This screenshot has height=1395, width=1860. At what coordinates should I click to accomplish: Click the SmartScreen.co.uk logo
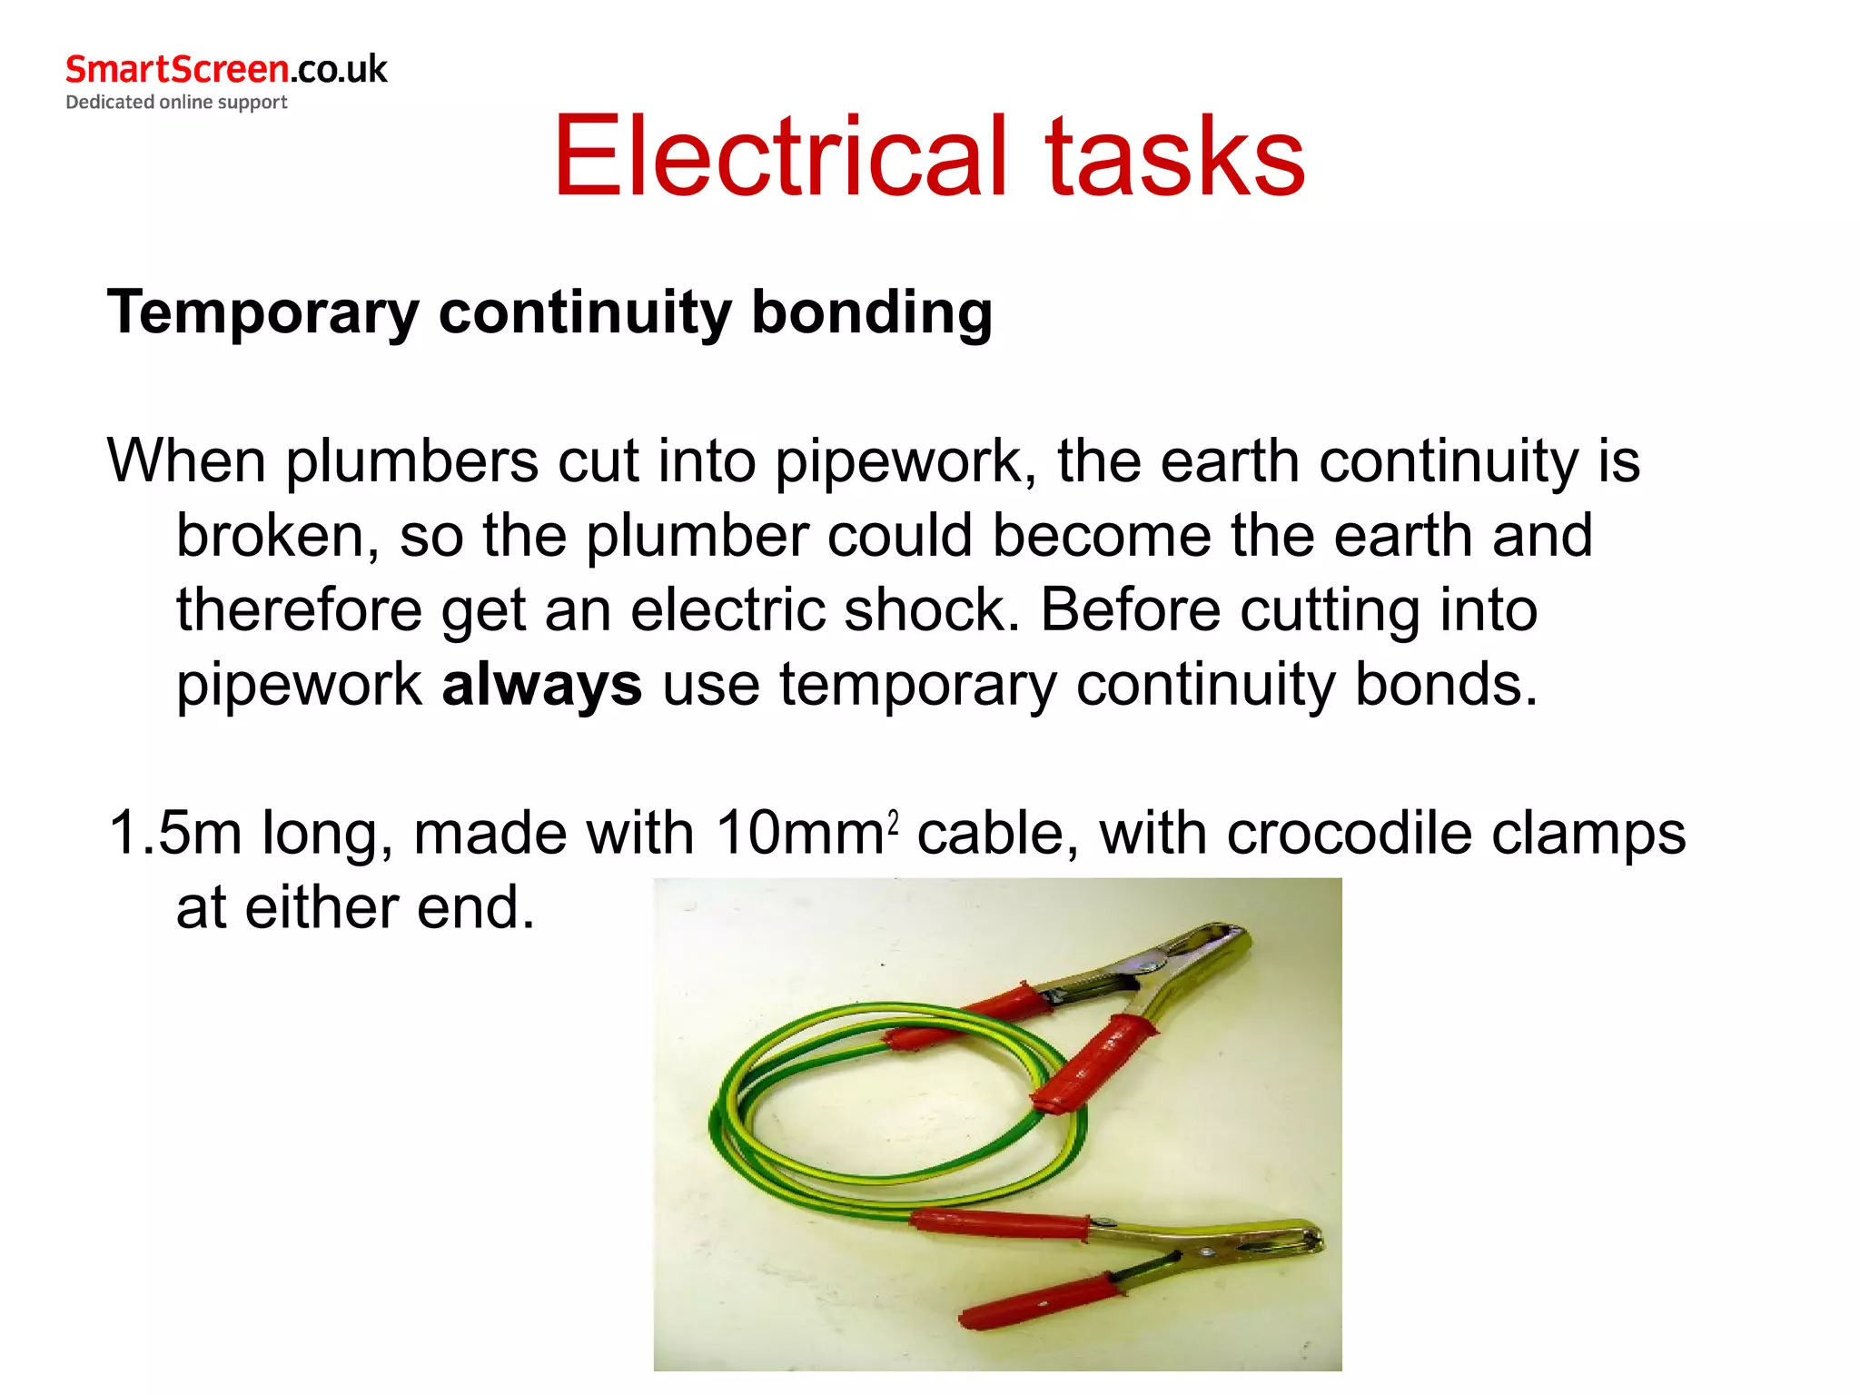coord(226,70)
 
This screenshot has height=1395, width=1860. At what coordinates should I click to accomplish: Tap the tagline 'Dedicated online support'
coord(176,102)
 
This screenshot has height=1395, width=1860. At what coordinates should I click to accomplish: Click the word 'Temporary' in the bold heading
coord(263,313)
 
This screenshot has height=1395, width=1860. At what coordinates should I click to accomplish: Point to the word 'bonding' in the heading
coord(872,313)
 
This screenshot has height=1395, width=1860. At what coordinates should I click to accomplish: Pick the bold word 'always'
coord(542,685)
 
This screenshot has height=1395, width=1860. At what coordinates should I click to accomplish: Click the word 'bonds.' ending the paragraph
coord(1446,684)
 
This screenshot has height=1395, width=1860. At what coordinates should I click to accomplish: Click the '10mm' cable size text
coord(798,833)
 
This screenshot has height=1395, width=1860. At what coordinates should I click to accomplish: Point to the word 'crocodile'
coord(1349,833)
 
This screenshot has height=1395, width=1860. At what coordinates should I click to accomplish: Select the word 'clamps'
coord(1588,833)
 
